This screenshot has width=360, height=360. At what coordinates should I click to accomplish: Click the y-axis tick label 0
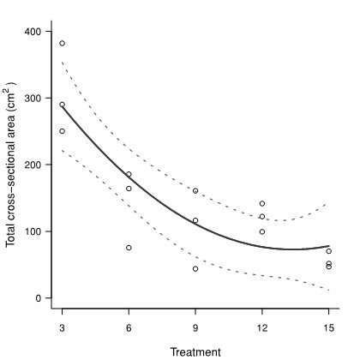pyautogui.click(x=39, y=298)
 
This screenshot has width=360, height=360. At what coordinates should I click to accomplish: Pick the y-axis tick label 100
pyautogui.click(x=33, y=231)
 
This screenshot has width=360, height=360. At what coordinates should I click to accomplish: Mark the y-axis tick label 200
pyautogui.click(x=33, y=165)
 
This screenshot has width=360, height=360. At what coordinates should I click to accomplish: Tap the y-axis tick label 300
pyautogui.click(x=33, y=98)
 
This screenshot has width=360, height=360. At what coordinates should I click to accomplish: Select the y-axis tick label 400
pyautogui.click(x=33, y=32)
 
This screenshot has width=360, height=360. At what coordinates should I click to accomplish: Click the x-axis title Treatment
pyautogui.click(x=195, y=351)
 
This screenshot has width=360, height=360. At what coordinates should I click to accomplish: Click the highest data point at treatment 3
pyautogui.click(x=62, y=43)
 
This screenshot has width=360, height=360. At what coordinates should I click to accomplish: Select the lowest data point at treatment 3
pyautogui.click(x=62, y=131)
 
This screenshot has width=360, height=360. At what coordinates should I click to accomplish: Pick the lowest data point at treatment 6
pyautogui.click(x=129, y=248)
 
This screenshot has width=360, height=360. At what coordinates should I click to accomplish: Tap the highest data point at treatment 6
pyautogui.click(x=129, y=174)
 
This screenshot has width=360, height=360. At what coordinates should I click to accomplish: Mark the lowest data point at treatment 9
pyautogui.click(x=195, y=268)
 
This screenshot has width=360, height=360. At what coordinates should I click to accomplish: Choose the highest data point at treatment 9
pyautogui.click(x=195, y=190)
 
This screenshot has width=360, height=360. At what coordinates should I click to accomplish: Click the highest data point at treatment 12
pyautogui.click(x=261, y=203)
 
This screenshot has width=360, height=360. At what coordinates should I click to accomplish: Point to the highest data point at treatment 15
pyautogui.click(x=328, y=251)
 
